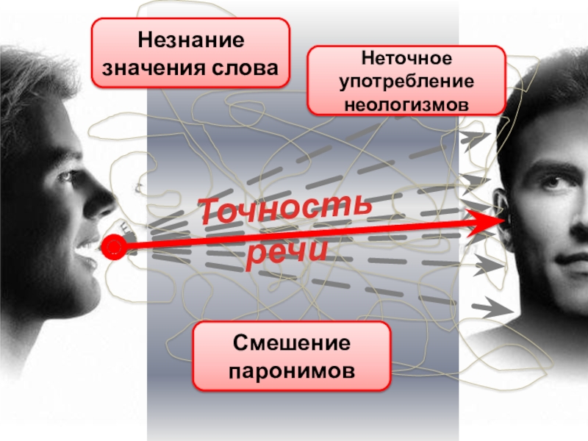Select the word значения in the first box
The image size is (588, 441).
[x=148, y=68]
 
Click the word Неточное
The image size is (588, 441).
[x=406, y=58]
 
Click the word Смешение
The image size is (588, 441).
[x=291, y=344]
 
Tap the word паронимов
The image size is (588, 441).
[x=291, y=370]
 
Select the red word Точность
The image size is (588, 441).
[x=286, y=208]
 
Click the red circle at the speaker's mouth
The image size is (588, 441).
[x=114, y=249]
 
